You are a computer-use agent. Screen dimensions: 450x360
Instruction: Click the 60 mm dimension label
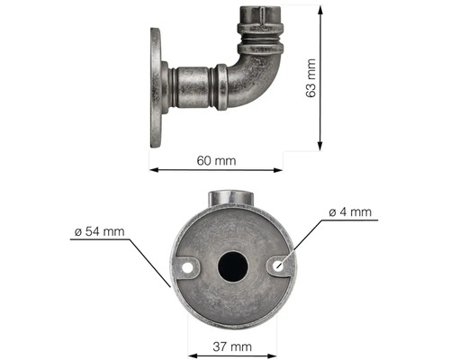pyautogui.click(x=216, y=161)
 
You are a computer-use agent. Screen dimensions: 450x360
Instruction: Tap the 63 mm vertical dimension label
pyautogui.click(x=310, y=78)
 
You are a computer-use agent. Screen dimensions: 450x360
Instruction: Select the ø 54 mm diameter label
pyautogui.click(x=99, y=231)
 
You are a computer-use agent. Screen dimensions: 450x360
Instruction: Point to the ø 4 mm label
pyautogui.click(x=350, y=212)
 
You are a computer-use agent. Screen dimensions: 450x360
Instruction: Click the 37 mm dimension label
pyautogui.click(x=232, y=346)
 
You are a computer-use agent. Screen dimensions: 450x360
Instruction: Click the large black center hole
pyautogui.click(x=233, y=266)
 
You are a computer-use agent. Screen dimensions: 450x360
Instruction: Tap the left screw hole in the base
pyautogui.click(x=187, y=268)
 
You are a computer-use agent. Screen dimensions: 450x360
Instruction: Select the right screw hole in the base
pyautogui.click(x=279, y=265)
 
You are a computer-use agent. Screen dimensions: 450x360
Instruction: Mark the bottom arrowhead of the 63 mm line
pyautogui.click(x=320, y=145)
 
